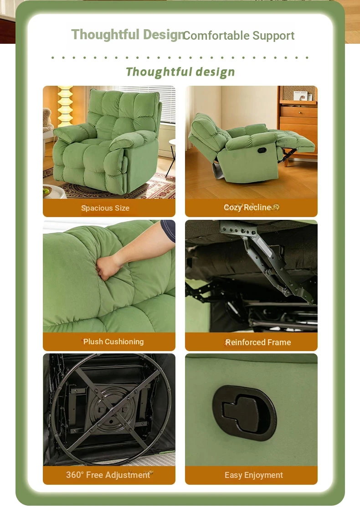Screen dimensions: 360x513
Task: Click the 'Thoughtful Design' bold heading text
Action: click(x=128, y=35)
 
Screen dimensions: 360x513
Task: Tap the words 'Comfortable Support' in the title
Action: click(x=239, y=36)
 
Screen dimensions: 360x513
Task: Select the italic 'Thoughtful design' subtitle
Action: click(x=180, y=72)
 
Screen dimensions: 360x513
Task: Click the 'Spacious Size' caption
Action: click(x=105, y=208)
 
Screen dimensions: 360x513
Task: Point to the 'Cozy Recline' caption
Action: click(x=247, y=207)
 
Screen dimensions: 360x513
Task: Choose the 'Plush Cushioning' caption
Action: click(x=113, y=342)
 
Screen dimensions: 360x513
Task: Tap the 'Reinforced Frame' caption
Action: click(x=258, y=342)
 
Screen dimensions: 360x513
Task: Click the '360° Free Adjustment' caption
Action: click(x=108, y=475)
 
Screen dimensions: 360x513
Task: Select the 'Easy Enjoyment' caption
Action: click(x=254, y=475)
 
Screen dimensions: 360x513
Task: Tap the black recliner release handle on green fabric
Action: click(x=244, y=412)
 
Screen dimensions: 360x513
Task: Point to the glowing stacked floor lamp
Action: click(x=65, y=106)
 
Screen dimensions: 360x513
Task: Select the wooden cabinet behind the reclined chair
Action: click(x=298, y=123)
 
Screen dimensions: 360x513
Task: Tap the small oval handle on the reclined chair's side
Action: click(x=262, y=150)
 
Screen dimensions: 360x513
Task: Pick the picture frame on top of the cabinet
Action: click(x=300, y=96)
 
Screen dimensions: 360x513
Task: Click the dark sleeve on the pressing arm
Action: click(x=169, y=229)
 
